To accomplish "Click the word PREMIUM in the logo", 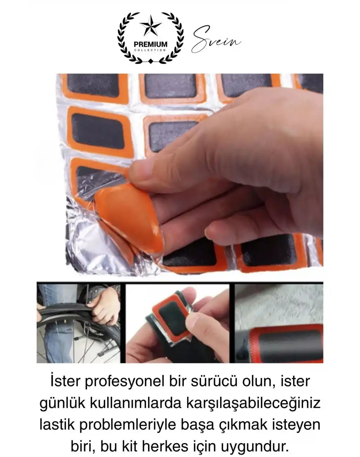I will coord(150,44).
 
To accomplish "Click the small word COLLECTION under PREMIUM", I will coord(150,50).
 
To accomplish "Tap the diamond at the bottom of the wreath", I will coord(150,62).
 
